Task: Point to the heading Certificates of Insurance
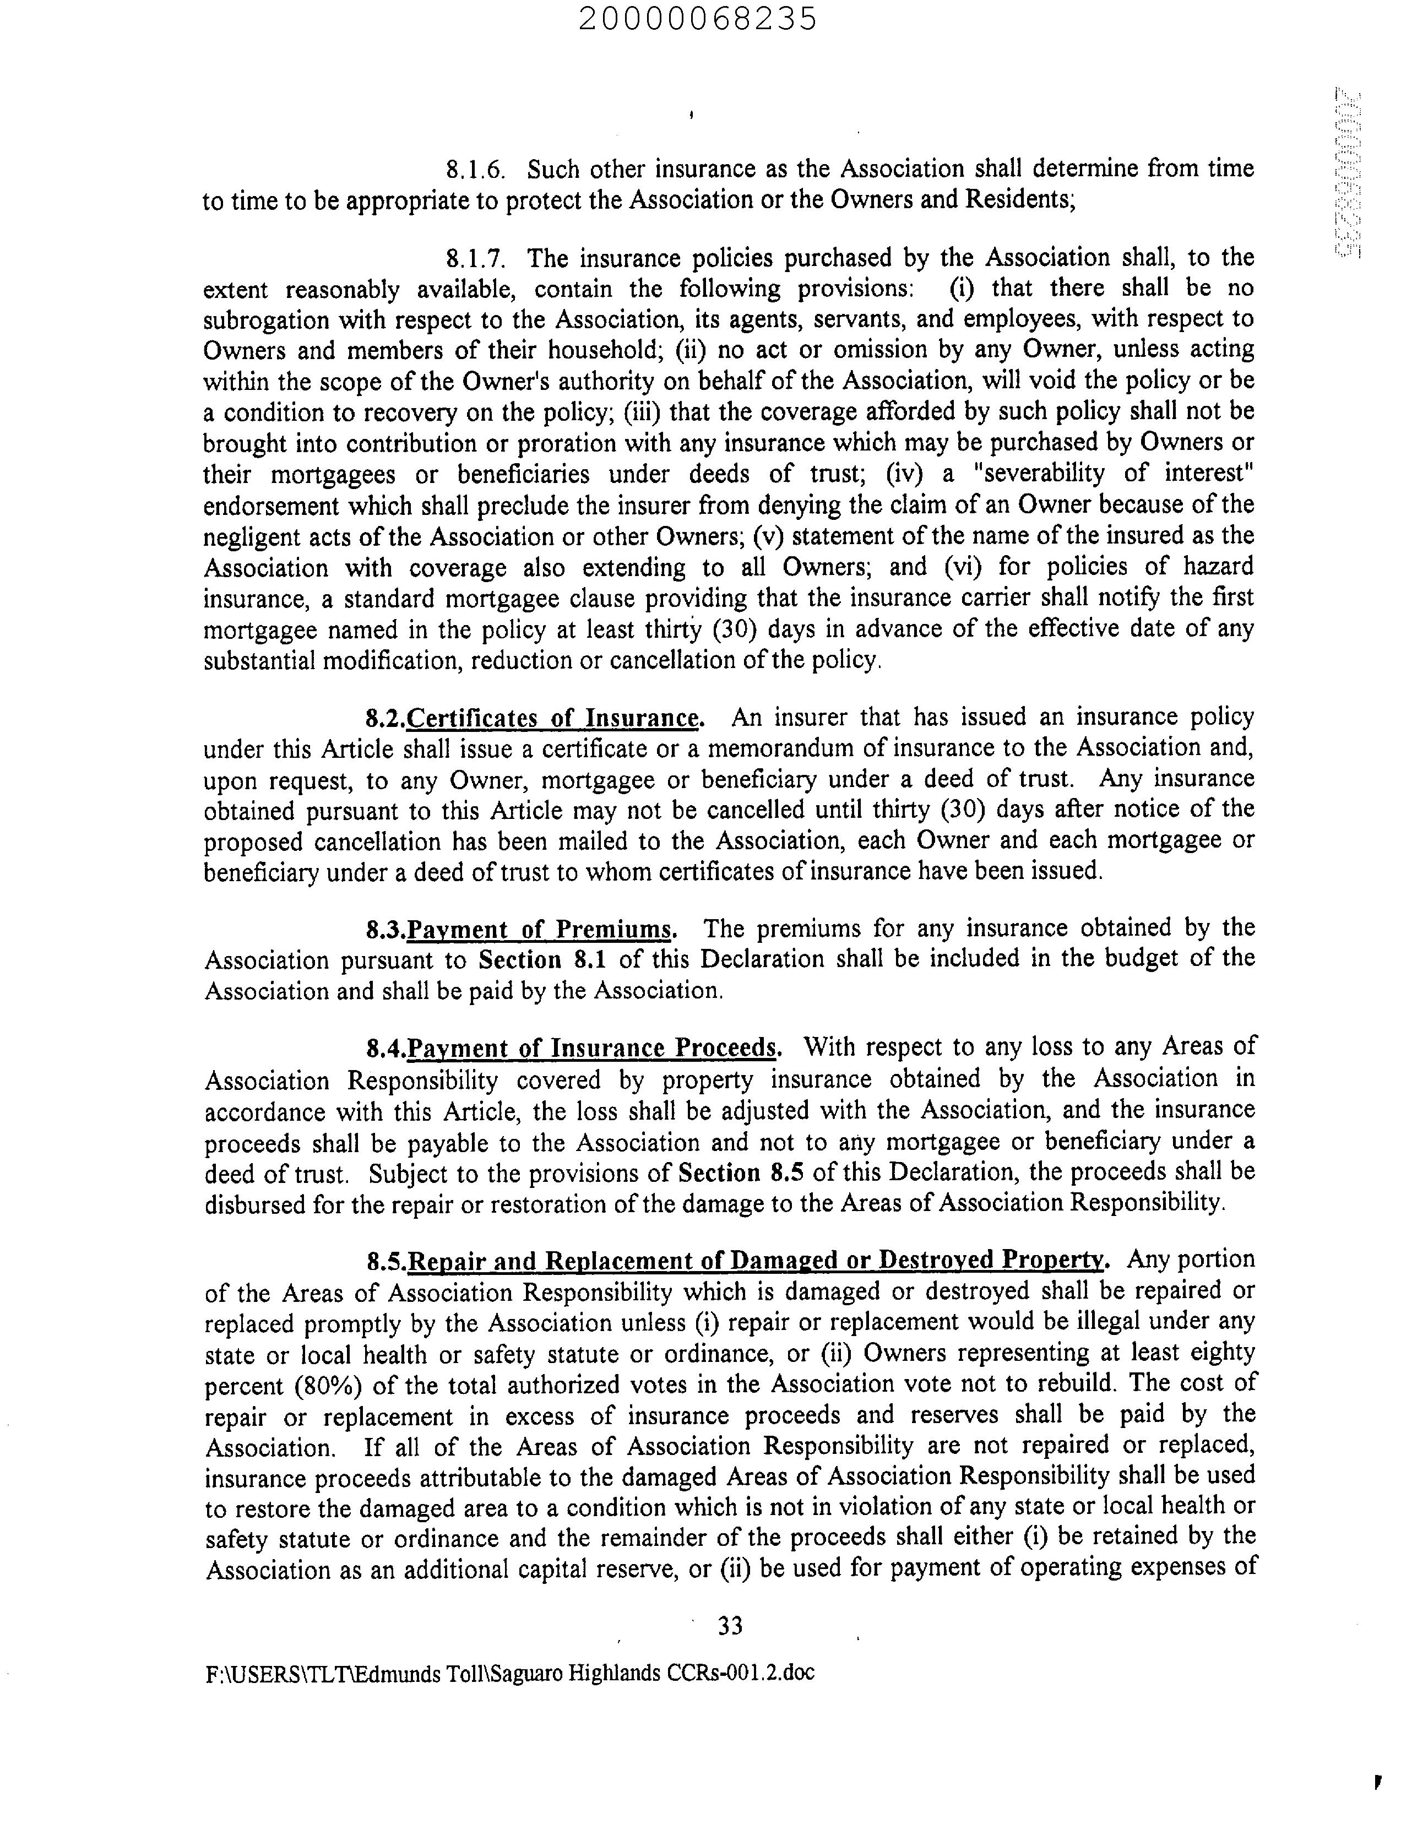pos(555,718)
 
